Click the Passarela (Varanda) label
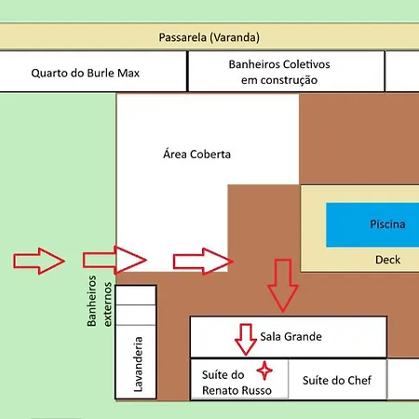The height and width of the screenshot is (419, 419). (x=209, y=37)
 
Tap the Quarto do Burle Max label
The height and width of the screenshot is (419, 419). (x=86, y=74)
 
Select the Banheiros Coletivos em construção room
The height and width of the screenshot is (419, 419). (x=286, y=72)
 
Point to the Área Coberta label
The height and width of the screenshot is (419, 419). (x=196, y=154)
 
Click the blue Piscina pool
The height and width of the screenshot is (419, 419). (x=372, y=224)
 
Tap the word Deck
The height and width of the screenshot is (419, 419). (x=387, y=260)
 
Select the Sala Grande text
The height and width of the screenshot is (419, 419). (x=291, y=336)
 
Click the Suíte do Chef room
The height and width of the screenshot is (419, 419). (x=338, y=379)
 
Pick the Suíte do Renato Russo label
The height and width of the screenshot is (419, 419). (x=237, y=383)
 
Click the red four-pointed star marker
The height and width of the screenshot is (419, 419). (x=264, y=371)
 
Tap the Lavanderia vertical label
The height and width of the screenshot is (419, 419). (x=138, y=364)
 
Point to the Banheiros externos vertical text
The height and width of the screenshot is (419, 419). (x=100, y=301)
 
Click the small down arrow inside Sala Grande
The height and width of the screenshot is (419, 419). (x=246, y=340)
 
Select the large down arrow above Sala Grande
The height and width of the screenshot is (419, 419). (x=283, y=286)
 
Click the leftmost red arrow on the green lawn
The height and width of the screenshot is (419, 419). (x=39, y=261)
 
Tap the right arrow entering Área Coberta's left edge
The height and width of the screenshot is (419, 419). (x=115, y=260)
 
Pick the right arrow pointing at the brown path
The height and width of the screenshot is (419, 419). (x=203, y=262)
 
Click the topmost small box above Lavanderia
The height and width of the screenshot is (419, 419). (x=136, y=295)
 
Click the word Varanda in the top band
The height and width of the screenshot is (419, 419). (x=237, y=37)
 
